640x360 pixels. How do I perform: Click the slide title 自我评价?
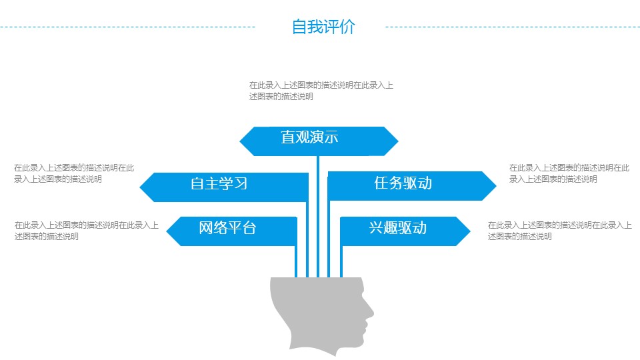click(x=323, y=27)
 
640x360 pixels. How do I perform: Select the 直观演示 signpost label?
click(x=309, y=138)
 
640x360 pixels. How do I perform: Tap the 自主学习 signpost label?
click(x=219, y=183)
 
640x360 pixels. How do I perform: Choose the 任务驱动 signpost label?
click(x=403, y=183)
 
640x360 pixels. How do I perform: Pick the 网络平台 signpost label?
click(x=227, y=228)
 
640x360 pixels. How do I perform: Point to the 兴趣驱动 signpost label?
click(x=397, y=228)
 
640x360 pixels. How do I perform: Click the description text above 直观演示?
click(x=321, y=91)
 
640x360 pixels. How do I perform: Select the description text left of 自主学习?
click(x=74, y=173)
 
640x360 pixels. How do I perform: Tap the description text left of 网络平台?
click(x=86, y=231)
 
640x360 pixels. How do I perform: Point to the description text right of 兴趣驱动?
click(x=559, y=231)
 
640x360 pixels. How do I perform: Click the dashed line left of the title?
click(x=127, y=27)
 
